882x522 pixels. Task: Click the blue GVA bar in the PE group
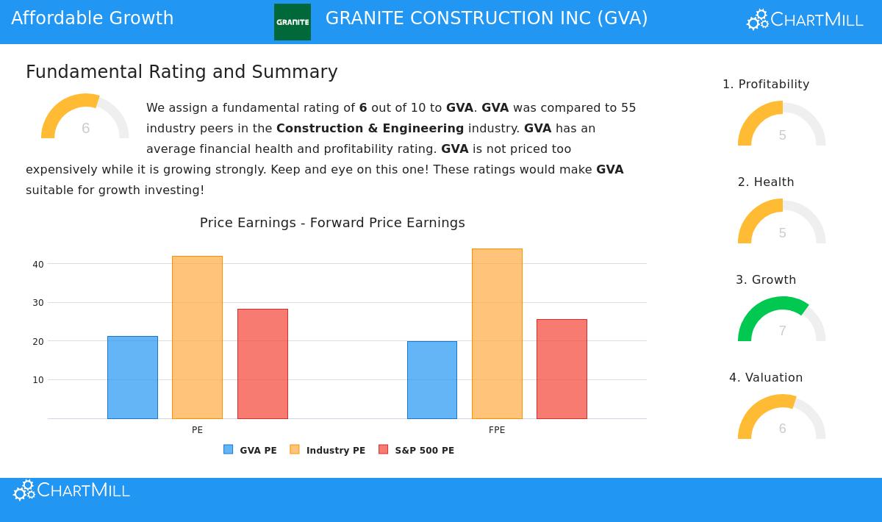(x=132, y=377)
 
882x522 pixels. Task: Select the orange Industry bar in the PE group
(x=197, y=337)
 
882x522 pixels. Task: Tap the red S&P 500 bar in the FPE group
(x=562, y=369)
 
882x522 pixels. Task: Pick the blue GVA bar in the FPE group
(x=432, y=380)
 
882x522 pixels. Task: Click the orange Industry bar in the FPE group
(x=497, y=334)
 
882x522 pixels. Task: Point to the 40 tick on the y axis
(x=38, y=264)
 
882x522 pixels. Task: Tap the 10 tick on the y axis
(x=38, y=380)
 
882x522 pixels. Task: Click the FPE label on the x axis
(x=497, y=430)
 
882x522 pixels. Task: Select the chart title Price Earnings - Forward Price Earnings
(x=332, y=223)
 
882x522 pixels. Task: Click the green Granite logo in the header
(x=293, y=22)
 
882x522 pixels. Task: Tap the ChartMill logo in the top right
(x=805, y=20)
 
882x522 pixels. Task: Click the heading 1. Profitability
(x=766, y=85)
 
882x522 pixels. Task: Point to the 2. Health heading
(x=766, y=182)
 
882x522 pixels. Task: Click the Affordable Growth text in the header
(x=93, y=18)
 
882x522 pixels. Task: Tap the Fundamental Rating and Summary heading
(x=182, y=72)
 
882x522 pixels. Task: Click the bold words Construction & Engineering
(x=370, y=129)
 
